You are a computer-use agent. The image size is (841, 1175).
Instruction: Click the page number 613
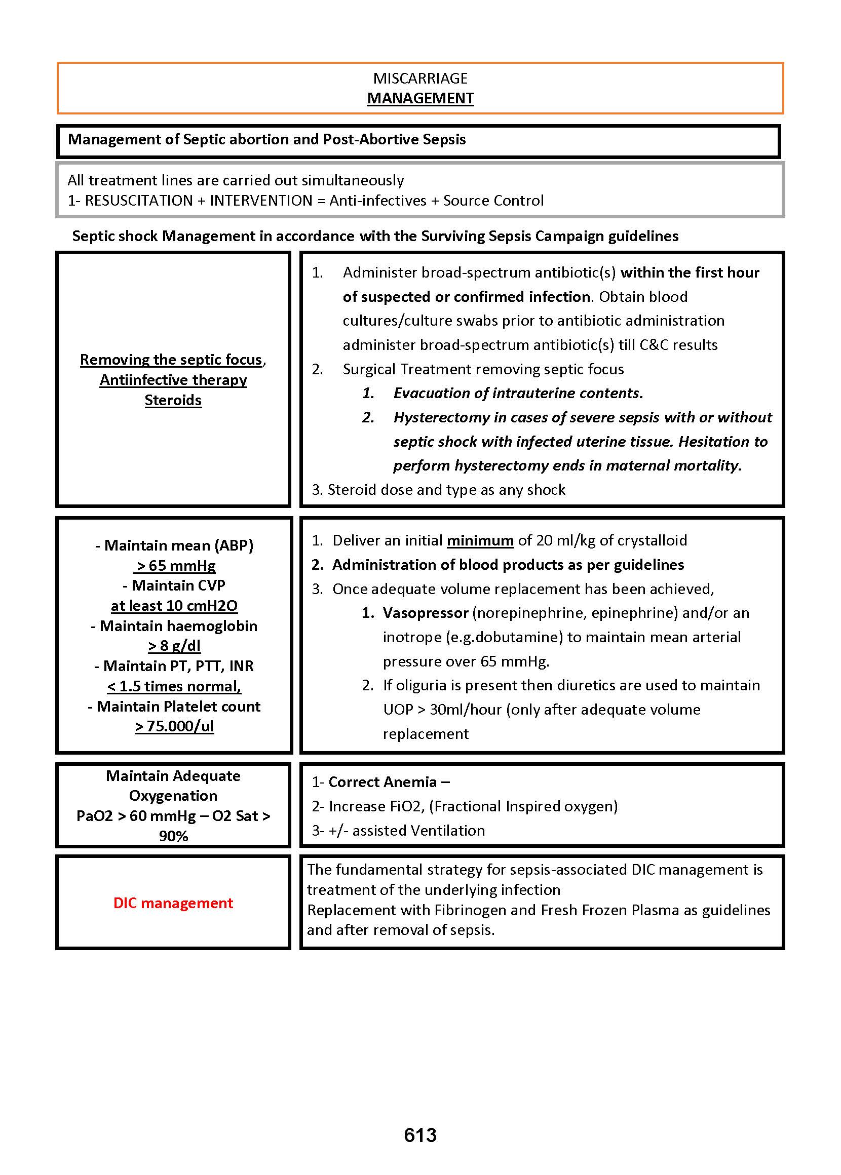tap(420, 1134)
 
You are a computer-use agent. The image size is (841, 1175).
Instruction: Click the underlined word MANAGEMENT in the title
tap(420, 98)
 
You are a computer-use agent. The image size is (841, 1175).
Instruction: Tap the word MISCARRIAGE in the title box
tap(420, 78)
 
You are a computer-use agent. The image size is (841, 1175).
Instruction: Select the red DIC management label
tap(173, 903)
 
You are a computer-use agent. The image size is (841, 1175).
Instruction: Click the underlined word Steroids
tap(173, 400)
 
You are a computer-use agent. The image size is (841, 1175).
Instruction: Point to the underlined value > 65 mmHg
tap(174, 566)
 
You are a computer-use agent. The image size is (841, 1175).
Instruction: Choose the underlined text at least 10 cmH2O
tap(174, 606)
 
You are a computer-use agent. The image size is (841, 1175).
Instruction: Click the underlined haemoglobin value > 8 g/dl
tap(174, 646)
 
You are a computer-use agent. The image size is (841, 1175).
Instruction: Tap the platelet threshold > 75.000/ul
tap(174, 726)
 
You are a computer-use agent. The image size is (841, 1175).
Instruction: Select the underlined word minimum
tap(480, 540)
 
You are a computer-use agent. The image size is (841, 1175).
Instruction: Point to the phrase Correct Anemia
tap(383, 782)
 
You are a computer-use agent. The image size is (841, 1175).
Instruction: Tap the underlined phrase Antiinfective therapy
tap(173, 380)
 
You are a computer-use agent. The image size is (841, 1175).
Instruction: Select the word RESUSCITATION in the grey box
tap(139, 201)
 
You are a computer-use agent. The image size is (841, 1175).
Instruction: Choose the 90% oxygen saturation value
tap(173, 836)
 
